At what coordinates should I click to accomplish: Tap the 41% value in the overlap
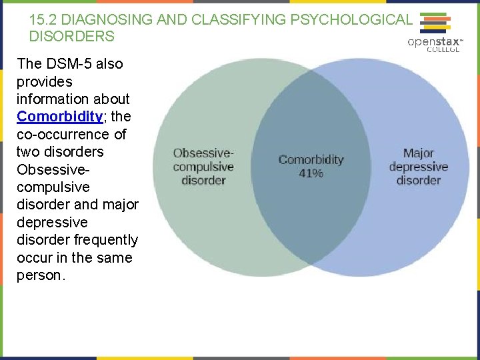coord(311,173)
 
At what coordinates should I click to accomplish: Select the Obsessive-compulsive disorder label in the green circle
coord(203,167)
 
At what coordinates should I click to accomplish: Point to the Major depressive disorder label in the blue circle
coord(418,167)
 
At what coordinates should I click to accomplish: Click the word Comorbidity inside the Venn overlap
coord(311,160)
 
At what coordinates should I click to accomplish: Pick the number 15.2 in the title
coord(43,20)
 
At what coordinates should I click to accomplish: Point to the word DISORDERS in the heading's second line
coord(71,37)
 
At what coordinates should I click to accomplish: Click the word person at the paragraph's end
coord(39,275)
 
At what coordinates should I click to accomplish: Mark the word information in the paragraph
coord(54,99)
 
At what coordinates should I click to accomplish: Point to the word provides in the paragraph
coord(45,81)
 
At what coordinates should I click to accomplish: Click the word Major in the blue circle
coord(418,153)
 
